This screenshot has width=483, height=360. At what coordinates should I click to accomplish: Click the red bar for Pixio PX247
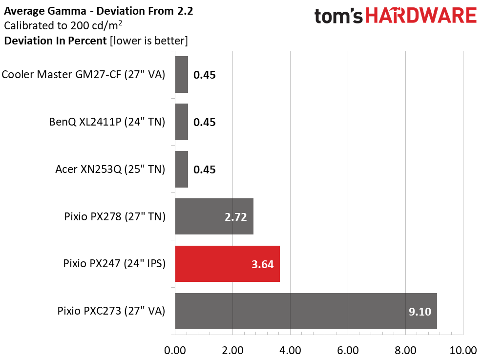tap(227, 264)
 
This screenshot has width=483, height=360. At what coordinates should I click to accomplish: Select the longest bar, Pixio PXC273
tap(306, 311)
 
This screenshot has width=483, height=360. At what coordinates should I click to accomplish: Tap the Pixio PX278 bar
tap(214, 216)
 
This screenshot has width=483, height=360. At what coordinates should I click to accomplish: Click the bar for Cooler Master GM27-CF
tap(181, 74)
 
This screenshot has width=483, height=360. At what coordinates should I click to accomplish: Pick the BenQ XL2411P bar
tap(181, 122)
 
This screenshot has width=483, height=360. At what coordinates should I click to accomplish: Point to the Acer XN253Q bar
tap(181, 169)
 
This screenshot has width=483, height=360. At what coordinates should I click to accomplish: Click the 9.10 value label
tap(420, 311)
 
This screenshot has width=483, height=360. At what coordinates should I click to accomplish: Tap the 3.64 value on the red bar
tap(263, 264)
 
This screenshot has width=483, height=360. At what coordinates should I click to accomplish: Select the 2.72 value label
tap(236, 217)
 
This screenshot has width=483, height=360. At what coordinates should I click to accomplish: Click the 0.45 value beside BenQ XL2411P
tap(205, 122)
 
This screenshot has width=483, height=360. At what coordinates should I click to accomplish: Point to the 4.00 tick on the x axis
tap(290, 350)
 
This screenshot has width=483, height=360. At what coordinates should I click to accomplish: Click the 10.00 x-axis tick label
tap(463, 350)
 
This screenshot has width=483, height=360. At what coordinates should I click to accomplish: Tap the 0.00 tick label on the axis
tap(175, 350)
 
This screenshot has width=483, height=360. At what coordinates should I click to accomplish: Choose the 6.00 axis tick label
tap(348, 350)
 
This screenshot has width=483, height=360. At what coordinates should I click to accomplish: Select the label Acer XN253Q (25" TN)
tap(110, 169)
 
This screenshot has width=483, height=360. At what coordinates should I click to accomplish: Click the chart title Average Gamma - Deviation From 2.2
tap(99, 11)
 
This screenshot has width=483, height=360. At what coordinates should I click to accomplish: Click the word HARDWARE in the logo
tap(421, 16)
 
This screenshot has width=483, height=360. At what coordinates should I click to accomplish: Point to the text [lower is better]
tap(149, 41)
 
